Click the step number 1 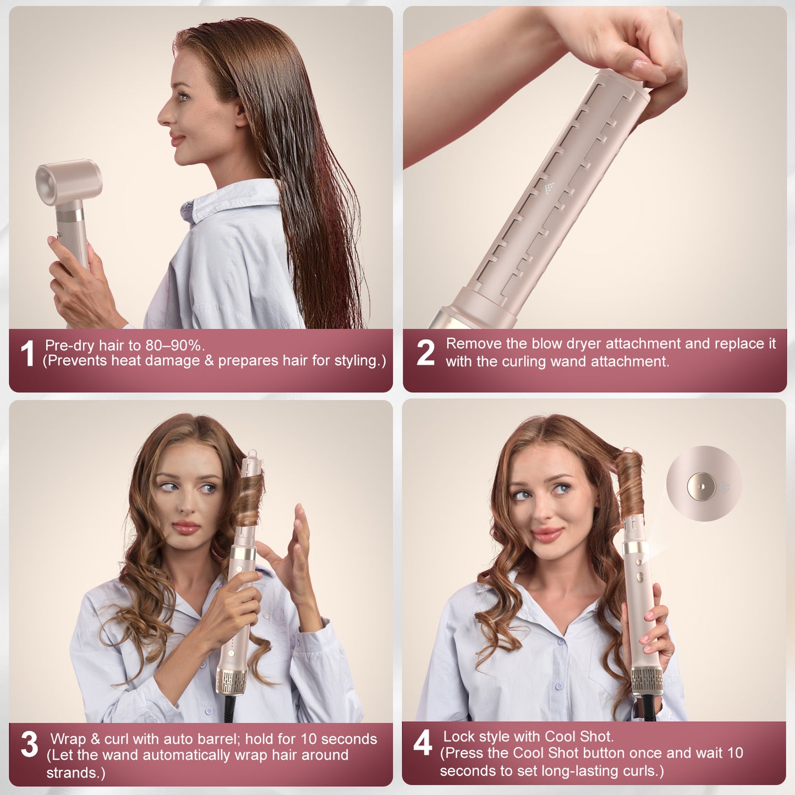click(x=27, y=353)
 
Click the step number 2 click(x=425, y=353)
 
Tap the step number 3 click(x=29, y=744)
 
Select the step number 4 click(x=423, y=743)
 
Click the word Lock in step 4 click(x=459, y=737)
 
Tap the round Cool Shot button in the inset click(x=701, y=486)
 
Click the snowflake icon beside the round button click(x=724, y=487)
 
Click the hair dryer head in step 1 click(x=69, y=182)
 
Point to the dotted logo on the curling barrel click(x=549, y=188)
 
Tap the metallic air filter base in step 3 click(x=231, y=681)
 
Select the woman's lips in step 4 click(x=547, y=534)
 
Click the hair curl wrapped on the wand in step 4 click(x=629, y=484)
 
